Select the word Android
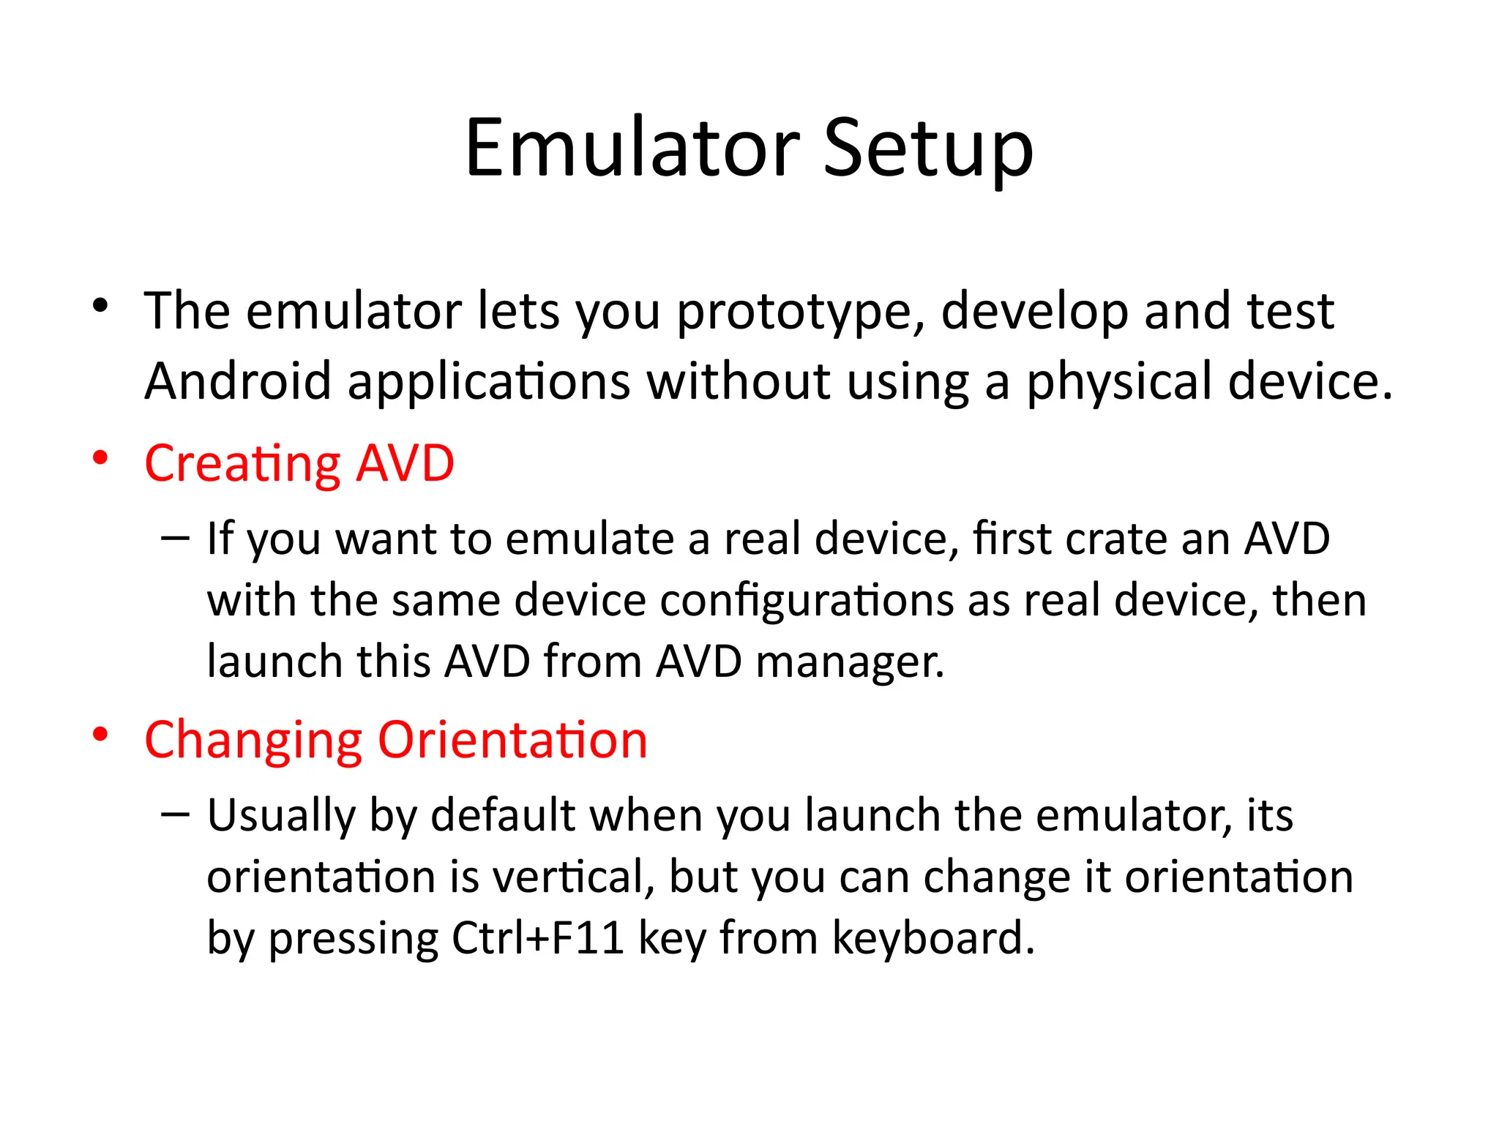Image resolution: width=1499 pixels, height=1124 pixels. (238, 381)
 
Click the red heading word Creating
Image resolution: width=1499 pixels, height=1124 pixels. (242, 464)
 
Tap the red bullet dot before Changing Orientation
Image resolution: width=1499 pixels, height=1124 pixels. (100, 734)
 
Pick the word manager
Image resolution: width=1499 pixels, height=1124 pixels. (849, 662)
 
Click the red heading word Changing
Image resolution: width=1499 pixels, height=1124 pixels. (253, 741)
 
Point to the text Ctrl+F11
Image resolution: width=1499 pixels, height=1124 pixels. (538, 938)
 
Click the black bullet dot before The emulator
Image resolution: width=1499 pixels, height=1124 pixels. (100, 305)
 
